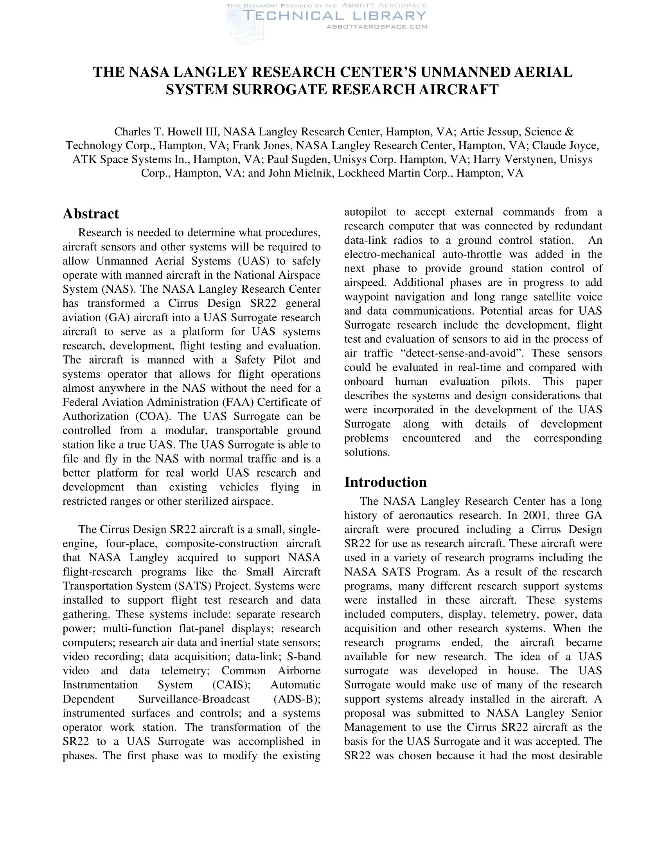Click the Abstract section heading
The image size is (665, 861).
tap(91, 214)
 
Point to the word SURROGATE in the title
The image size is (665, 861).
tap(280, 90)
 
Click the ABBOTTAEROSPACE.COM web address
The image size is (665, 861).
tap(377, 27)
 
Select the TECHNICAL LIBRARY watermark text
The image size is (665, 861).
tap(334, 16)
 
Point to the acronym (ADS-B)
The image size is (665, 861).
tap(297, 699)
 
